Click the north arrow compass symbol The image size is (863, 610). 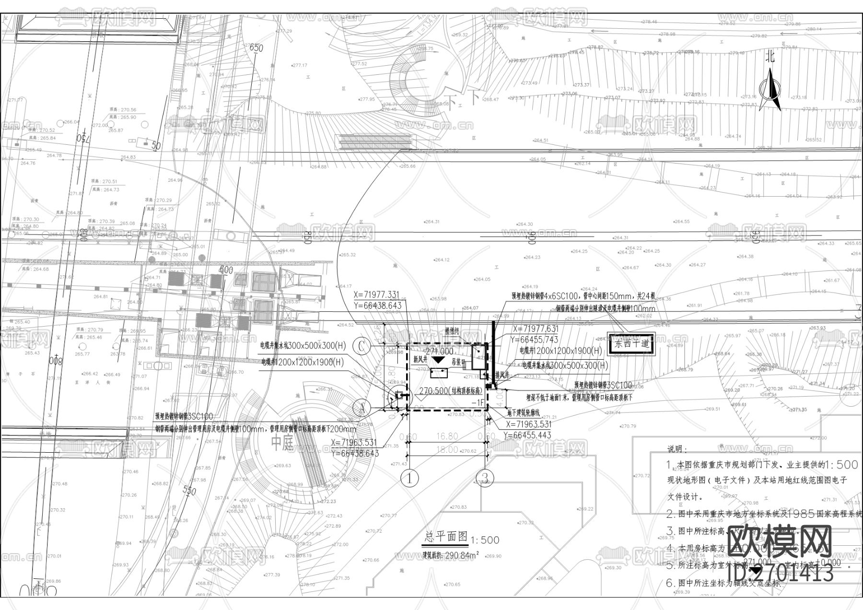point(770,89)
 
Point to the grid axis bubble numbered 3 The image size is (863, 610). point(485,478)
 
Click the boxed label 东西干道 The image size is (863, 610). point(630,343)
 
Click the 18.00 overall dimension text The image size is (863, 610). point(447,450)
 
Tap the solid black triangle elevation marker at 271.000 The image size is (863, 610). point(438,360)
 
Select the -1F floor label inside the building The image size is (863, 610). point(478,403)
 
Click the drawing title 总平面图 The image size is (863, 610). point(446,537)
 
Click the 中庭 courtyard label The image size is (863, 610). point(282,444)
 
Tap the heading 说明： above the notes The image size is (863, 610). point(677,449)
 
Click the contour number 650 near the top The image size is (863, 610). point(257,48)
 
